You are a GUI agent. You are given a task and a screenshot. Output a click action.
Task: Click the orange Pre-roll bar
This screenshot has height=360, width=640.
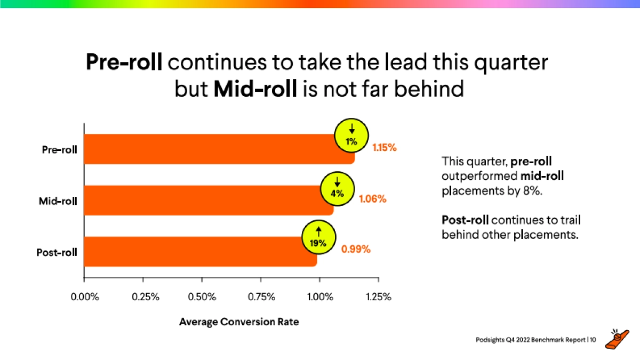213,149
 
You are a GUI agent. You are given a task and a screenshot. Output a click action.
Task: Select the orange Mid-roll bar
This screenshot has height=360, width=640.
208,200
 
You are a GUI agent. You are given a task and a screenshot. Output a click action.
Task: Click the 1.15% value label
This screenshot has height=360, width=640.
384,148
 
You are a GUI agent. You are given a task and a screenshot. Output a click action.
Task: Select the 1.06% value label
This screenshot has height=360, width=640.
372,199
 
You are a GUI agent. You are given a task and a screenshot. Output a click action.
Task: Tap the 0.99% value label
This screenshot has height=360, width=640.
356,249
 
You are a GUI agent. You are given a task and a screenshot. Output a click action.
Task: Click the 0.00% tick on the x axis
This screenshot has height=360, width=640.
85,297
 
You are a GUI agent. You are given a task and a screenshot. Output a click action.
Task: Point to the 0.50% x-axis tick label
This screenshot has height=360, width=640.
202,297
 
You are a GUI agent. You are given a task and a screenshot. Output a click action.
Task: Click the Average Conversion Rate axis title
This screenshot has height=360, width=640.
238,322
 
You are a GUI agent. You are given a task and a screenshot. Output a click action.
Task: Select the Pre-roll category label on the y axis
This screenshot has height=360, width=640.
59,149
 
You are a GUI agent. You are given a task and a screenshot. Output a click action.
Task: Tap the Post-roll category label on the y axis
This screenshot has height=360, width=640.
57,252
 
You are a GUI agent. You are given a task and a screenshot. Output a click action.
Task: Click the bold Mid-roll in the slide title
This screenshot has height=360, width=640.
255,89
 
